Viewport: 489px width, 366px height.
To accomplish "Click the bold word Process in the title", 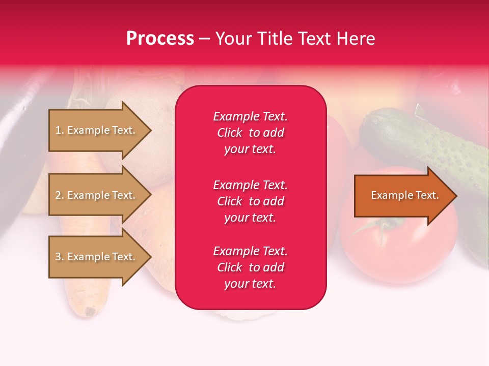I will tap(160, 39).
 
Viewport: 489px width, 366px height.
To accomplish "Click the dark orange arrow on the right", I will tap(402, 195).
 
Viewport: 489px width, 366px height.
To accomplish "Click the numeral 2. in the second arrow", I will tap(60, 195).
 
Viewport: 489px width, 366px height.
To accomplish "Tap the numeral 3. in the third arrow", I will tap(60, 257).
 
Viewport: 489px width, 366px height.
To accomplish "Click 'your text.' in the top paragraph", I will tap(250, 149).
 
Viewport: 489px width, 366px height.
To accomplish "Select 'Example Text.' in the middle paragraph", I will tap(250, 185).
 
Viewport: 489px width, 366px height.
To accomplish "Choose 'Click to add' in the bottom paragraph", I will tap(250, 267).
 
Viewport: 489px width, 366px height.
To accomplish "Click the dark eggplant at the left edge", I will tap(15, 168).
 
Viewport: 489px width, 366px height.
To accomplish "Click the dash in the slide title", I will tap(204, 39).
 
